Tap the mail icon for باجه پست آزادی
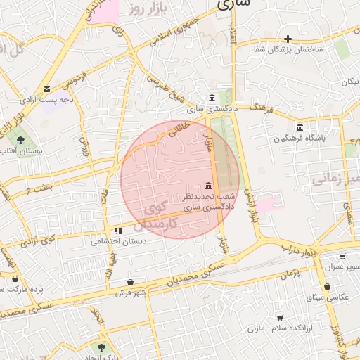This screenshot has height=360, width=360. point(46,89)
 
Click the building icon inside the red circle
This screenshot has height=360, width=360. point(207,186)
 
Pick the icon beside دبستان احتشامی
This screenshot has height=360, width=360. point(118,230)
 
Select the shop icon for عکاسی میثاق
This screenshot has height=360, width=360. point(328,287)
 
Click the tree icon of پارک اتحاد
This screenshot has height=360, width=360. point(102,347)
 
